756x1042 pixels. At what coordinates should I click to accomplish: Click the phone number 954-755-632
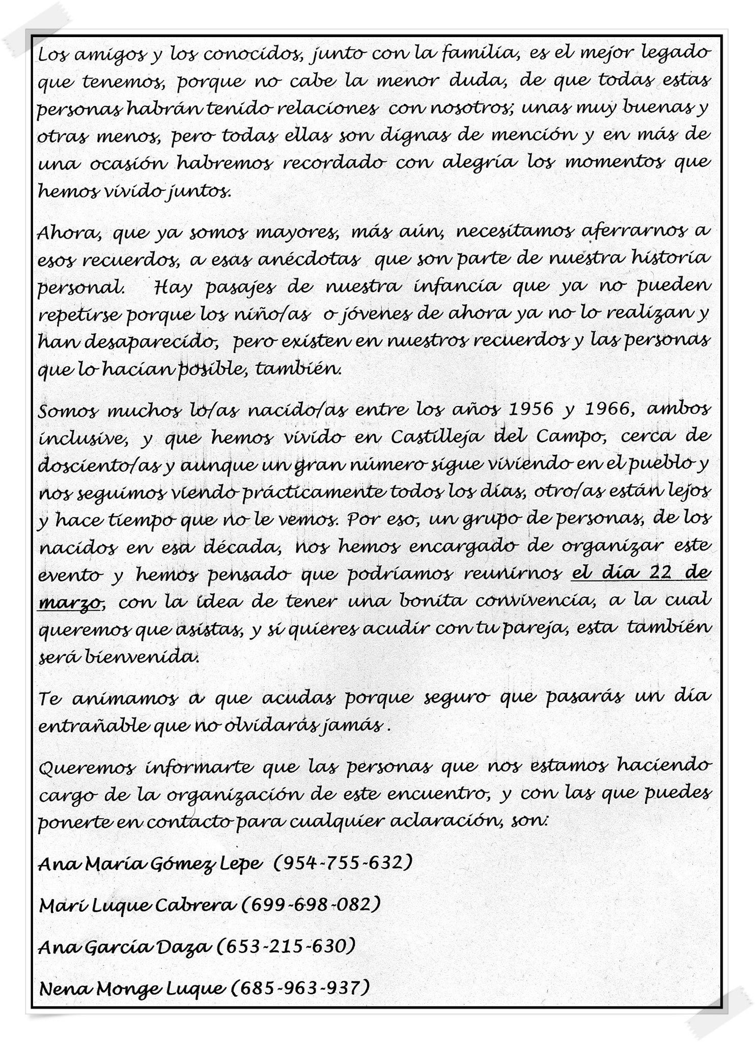(342, 863)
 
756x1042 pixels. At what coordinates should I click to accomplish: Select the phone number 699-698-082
(310, 905)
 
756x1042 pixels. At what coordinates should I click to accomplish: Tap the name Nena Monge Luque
(131, 989)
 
